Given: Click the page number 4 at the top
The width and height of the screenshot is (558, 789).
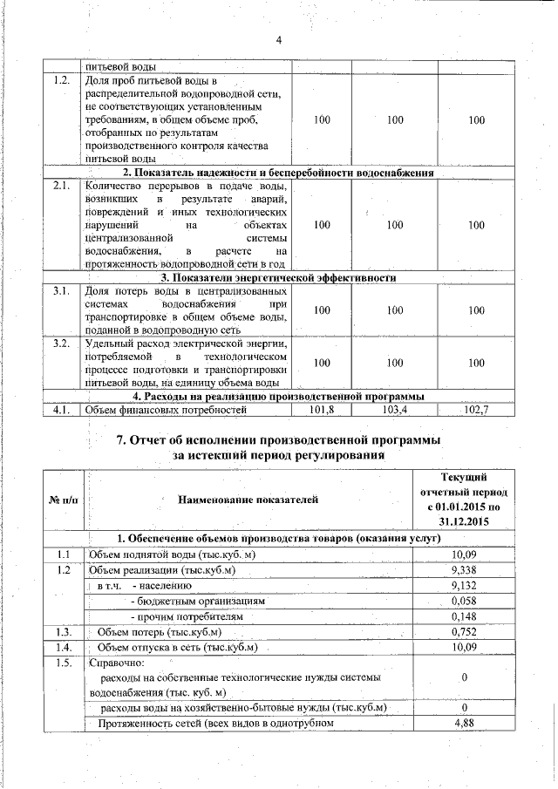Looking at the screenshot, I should [x=279, y=40].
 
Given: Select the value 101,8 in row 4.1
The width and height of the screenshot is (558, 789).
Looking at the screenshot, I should [x=322, y=409].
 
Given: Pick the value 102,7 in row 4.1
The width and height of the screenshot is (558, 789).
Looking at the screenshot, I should [x=475, y=409].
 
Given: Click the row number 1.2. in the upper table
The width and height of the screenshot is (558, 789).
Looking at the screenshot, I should [x=61, y=81].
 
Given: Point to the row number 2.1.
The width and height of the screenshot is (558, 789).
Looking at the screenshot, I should [x=61, y=186].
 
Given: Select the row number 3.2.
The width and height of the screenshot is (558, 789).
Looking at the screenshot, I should [x=61, y=343].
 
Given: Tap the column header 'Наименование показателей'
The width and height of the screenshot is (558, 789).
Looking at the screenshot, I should [x=248, y=500].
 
